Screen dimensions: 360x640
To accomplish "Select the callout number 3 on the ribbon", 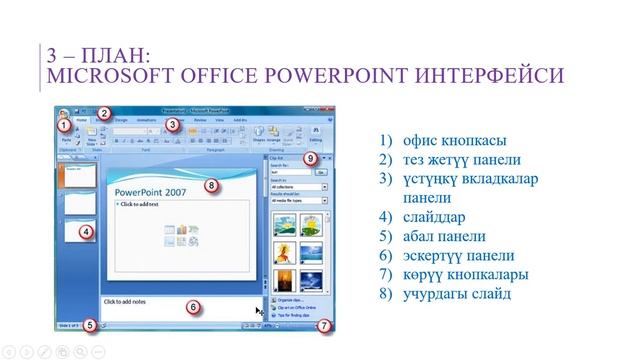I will tap(171, 125).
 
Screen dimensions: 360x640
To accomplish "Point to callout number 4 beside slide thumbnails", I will tap(86, 232).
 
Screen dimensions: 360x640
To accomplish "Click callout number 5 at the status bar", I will tap(90, 324).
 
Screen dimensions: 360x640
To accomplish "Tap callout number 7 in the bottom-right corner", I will tap(323, 325).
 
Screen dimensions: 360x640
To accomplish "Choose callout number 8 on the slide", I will tap(211, 185).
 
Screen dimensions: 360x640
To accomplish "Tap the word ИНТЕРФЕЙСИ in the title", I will tap(478, 76).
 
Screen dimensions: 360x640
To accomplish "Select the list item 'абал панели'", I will tap(431, 236).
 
